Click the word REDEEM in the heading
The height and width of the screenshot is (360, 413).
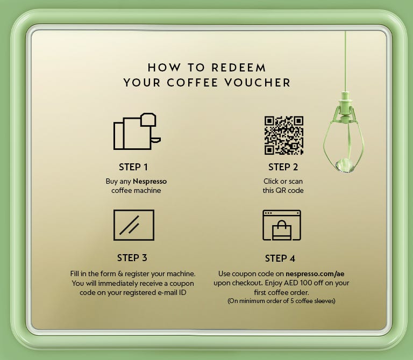[239, 68]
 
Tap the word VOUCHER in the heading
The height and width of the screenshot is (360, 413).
[258, 83]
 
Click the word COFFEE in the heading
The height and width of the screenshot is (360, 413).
[193, 83]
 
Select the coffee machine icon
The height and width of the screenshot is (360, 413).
[137, 131]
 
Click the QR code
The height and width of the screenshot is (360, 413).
[284, 135]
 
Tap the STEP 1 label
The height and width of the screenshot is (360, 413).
[133, 167]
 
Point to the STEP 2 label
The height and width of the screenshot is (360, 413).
[283, 167]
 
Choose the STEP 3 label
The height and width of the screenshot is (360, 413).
[132, 258]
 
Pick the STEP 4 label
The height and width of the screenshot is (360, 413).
[280, 258]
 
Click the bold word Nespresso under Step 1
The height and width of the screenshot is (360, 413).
[150, 182]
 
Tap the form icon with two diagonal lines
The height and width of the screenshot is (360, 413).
[134, 225]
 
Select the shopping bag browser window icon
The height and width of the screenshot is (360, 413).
[282, 225]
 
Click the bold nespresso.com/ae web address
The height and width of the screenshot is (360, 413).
[315, 274]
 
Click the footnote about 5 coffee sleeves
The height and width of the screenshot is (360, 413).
[281, 301]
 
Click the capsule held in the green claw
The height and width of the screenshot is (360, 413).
[344, 165]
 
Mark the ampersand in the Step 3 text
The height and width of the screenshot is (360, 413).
[120, 274]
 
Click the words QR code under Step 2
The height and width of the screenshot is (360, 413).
[289, 191]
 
